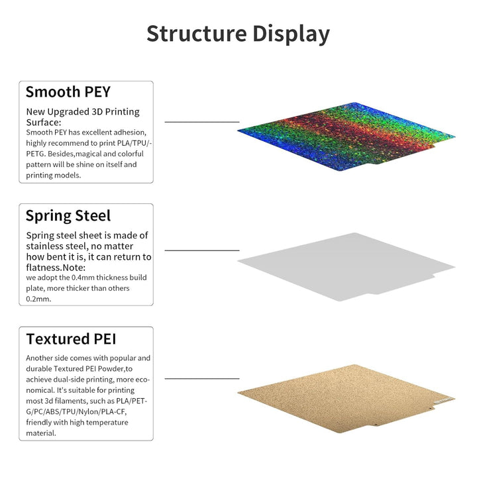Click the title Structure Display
(x=238, y=34)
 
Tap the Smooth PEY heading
(x=68, y=91)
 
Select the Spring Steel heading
(x=68, y=215)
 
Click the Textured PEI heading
(x=71, y=339)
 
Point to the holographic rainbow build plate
(x=344, y=136)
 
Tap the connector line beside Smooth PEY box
(x=201, y=122)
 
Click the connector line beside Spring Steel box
(x=201, y=250)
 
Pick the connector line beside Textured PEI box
(x=201, y=379)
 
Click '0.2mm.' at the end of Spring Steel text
(x=38, y=299)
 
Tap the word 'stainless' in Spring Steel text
(x=48, y=246)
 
